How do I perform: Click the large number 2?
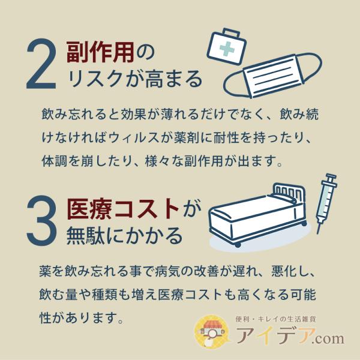click(x=41, y=64)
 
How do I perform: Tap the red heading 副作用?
click(x=100, y=52)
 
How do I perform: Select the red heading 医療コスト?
click(x=123, y=209)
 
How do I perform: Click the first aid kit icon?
click(x=226, y=46)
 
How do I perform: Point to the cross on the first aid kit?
click(x=227, y=49)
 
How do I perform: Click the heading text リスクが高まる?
click(x=135, y=79)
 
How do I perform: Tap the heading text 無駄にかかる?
click(x=124, y=236)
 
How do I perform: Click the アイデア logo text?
click(x=275, y=335)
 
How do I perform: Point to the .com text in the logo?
click(x=329, y=338)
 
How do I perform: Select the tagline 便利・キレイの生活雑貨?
click(x=276, y=319)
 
